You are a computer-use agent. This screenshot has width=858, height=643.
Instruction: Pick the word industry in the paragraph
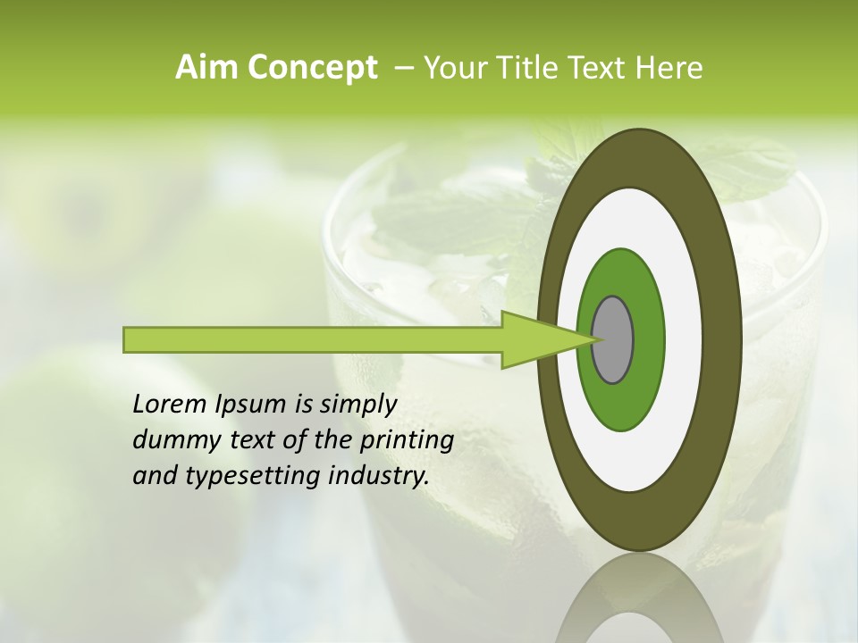[x=379, y=476]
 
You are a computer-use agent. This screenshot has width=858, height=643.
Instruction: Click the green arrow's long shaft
[x=313, y=339]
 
